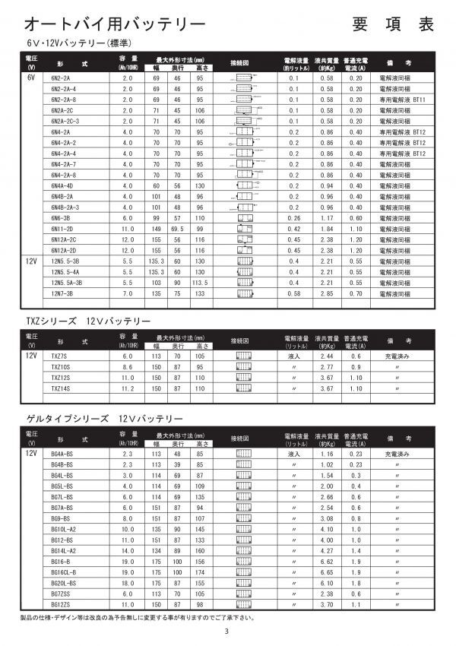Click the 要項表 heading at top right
pos(393,23)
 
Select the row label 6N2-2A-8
pos(63,100)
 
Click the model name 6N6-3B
pos(60,217)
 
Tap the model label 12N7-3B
pos(62,293)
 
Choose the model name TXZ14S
pos(60,388)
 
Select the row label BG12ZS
pos(60,603)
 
